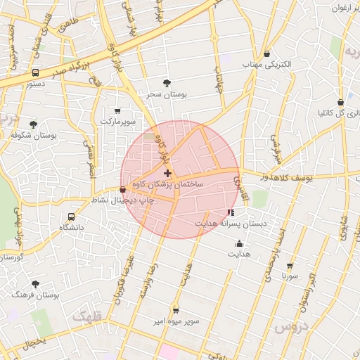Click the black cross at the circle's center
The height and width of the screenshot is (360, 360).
click(167, 173)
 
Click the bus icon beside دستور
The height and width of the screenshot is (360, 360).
click(36, 72)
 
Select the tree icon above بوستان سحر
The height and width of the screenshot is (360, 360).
click(167, 83)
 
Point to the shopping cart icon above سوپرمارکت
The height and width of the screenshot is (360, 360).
click(117, 110)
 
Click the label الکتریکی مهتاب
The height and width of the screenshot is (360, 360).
click(267, 64)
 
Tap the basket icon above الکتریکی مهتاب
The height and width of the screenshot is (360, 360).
click(267, 54)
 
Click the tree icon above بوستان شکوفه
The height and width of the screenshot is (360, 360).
click(33, 124)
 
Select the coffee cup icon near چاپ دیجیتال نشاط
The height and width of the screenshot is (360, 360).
click(123, 189)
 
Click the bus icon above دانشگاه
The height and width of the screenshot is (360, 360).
click(71, 217)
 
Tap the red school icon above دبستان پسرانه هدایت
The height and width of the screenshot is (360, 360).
click(230, 212)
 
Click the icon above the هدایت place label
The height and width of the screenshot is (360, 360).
click(240, 244)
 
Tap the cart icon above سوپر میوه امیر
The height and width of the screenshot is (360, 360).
click(175, 310)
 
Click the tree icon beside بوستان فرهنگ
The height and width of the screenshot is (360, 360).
click(36, 285)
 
